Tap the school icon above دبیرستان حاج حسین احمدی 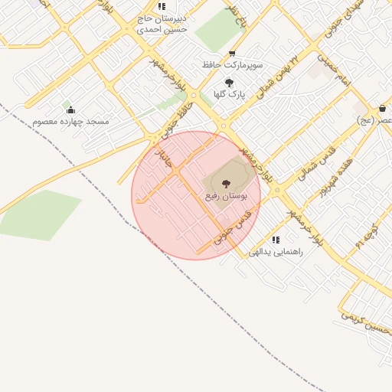(162, 6)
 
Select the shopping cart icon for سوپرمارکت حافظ (233, 54)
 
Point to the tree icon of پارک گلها (229, 83)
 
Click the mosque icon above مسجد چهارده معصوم (71, 110)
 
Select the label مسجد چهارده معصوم (71, 122)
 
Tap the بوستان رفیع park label (227, 197)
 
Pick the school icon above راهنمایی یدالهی (276, 240)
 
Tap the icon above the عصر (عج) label (382, 109)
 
